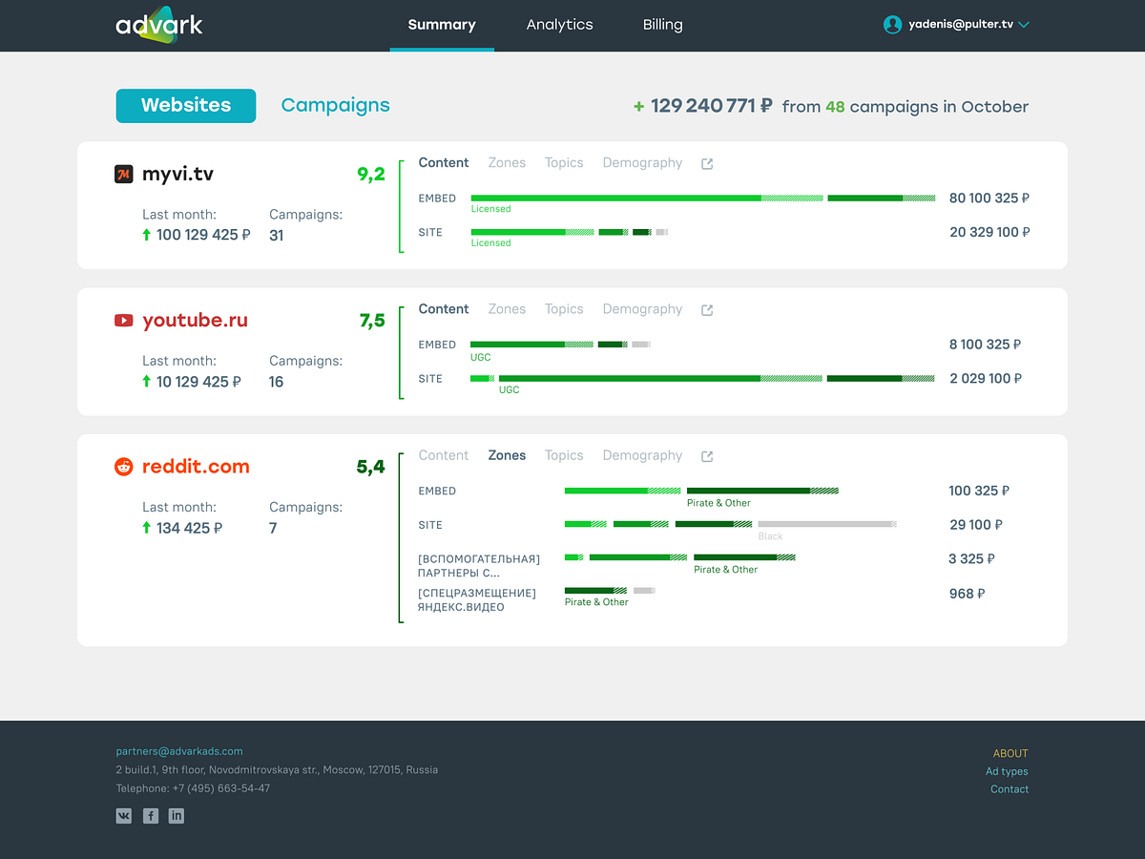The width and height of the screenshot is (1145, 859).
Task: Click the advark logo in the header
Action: click(x=159, y=25)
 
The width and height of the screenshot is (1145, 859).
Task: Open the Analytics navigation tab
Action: click(x=559, y=25)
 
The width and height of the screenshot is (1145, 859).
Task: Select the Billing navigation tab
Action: click(x=662, y=25)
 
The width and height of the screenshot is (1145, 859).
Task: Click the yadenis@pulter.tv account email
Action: click(x=960, y=25)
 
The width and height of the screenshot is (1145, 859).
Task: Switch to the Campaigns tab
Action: click(x=335, y=106)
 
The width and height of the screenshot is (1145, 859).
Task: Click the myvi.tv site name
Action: click(x=177, y=174)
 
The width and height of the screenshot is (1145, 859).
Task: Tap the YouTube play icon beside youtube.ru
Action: click(x=124, y=321)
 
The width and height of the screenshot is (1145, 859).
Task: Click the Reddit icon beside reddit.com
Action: click(x=124, y=467)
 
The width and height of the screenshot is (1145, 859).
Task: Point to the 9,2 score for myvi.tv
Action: click(x=371, y=174)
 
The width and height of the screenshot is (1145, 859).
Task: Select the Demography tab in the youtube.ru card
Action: click(x=642, y=309)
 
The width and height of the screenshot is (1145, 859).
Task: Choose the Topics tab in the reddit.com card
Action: click(x=564, y=455)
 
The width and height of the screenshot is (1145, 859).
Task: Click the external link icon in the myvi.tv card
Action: click(x=707, y=164)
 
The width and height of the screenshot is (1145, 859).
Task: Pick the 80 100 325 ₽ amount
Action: click(x=989, y=199)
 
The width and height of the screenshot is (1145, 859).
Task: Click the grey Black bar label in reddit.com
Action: click(x=770, y=536)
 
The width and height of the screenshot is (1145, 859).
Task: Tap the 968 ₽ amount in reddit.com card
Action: click(x=967, y=594)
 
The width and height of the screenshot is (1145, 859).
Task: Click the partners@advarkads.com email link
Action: click(x=179, y=751)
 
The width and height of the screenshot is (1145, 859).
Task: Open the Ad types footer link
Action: click(x=1007, y=771)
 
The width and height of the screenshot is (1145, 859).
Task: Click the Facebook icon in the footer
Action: click(x=151, y=816)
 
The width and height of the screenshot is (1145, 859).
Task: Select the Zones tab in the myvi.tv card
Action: click(x=507, y=163)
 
